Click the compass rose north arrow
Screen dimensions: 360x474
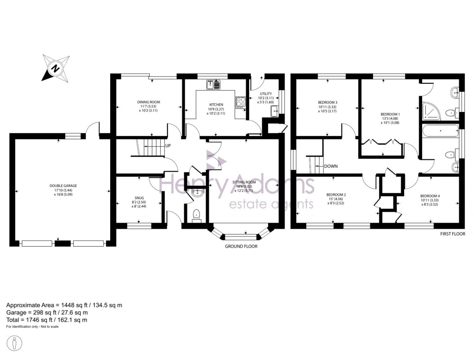pyautogui.click(x=55, y=68)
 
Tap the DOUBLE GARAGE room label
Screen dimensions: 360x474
pyautogui.click(x=63, y=186)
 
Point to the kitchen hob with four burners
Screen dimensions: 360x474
pyautogui.click(x=241, y=102)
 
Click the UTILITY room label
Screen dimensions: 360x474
pyautogui.click(x=266, y=93)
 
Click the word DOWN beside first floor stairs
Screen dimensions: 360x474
pyautogui.click(x=331, y=166)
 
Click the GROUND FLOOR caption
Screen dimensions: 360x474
pyautogui.click(x=241, y=247)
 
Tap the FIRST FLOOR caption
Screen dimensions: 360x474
pyautogui.click(x=453, y=235)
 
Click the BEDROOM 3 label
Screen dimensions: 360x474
pyautogui.click(x=327, y=103)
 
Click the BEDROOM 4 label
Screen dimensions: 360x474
pyautogui.click(x=430, y=196)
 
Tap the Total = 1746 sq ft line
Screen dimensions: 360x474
pyautogui.click(x=47, y=320)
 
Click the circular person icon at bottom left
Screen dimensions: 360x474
pyautogui.click(x=15, y=344)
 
